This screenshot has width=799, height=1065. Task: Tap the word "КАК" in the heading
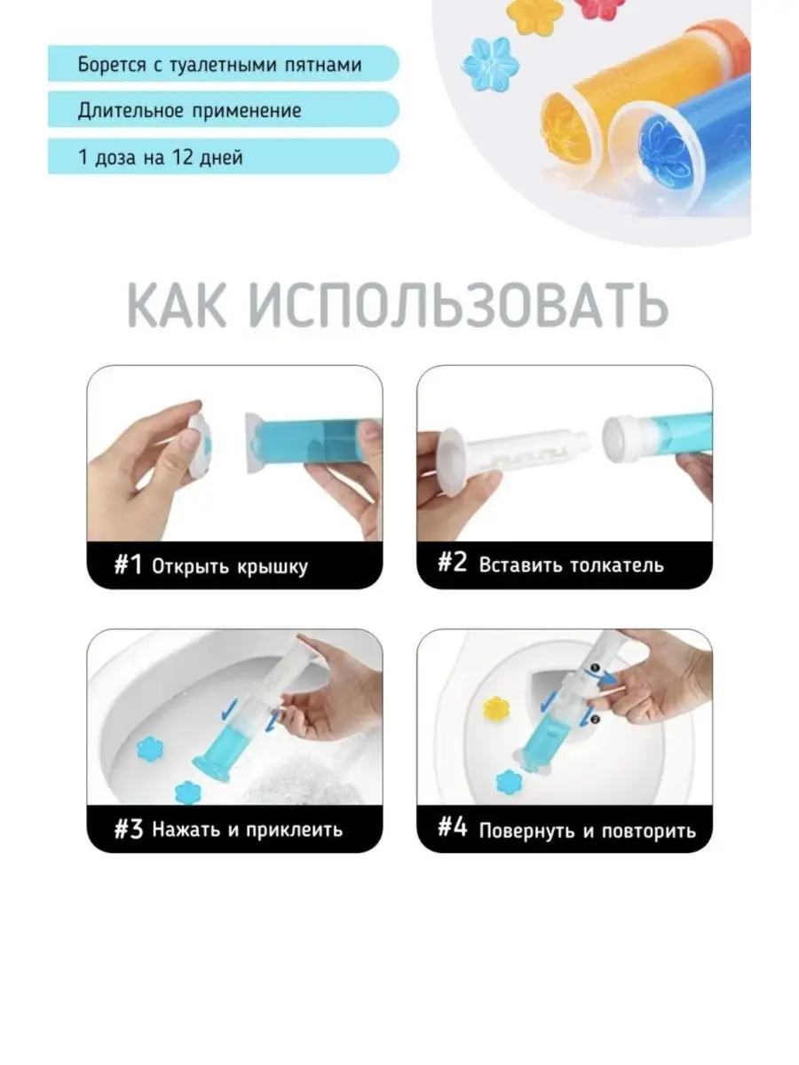[x=177, y=306]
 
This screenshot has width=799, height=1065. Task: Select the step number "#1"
[x=128, y=564]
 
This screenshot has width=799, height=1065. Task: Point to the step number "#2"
[x=452, y=563]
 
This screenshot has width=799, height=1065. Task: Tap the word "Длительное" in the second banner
[x=131, y=111]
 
